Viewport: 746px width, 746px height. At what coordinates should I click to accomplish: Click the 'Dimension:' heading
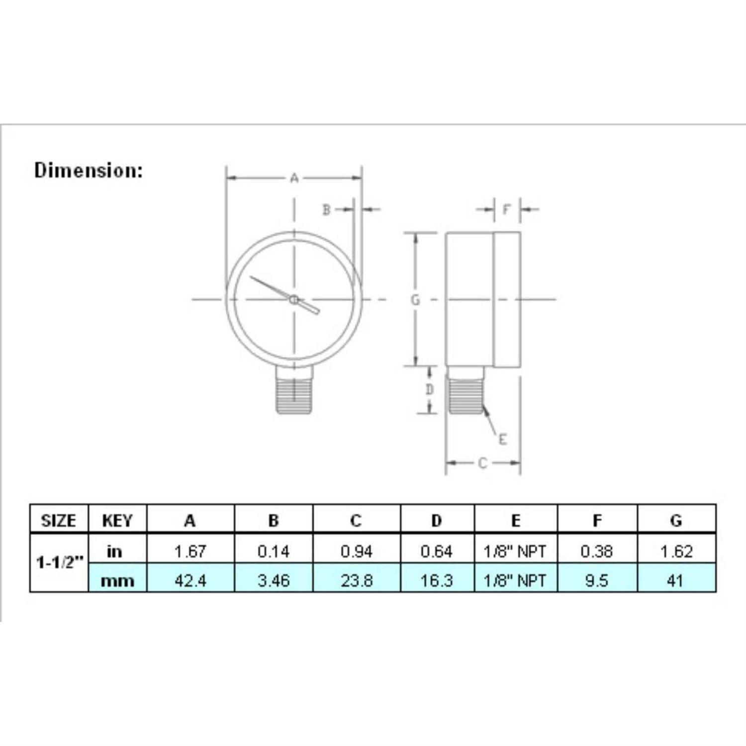[x=88, y=171]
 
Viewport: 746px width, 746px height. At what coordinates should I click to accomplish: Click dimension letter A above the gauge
[x=294, y=178]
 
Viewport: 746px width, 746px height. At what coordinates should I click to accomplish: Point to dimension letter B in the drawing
[x=326, y=210]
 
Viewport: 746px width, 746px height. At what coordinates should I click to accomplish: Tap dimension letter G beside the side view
[x=415, y=300]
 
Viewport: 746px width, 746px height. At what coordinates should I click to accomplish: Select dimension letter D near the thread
[x=430, y=390]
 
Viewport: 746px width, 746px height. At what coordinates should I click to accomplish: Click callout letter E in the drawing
[x=502, y=440]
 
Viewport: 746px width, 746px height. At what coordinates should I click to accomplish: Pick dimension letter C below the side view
[x=482, y=464]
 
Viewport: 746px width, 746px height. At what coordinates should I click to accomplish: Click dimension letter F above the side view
[x=506, y=209]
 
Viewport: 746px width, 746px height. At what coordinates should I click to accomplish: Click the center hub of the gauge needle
[x=294, y=299]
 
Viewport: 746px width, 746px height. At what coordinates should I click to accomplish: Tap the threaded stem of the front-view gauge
[x=294, y=395]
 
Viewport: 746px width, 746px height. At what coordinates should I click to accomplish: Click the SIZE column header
[x=59, y=521]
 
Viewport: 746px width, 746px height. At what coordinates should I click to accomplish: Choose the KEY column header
[x=117, y=521]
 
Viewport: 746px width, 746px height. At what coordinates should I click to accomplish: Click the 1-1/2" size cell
[x=59, y=562]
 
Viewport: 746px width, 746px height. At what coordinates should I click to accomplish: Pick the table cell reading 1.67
[x=190, y=551]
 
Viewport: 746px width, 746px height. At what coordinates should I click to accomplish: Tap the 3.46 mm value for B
[x=274, y=580]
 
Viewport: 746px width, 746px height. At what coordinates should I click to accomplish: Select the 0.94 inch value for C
[x=357, y=551]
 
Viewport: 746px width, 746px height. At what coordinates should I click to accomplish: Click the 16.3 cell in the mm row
[x=437, y=580]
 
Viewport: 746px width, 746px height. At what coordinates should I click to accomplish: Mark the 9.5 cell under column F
[x=597, y=580]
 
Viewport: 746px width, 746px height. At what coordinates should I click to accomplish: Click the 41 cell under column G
[x=675, y=580]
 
